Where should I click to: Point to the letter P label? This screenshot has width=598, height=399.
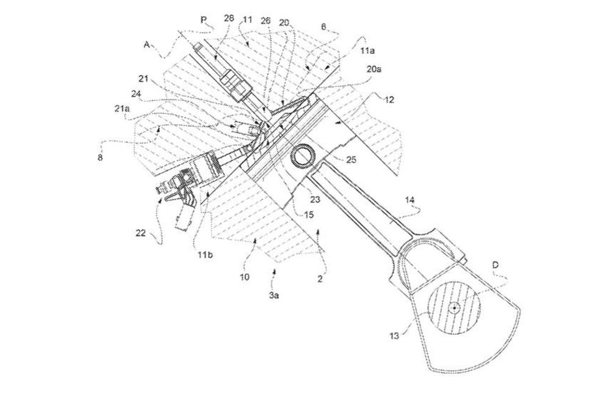pos(203,19)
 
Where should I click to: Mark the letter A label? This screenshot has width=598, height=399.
pos(147,43)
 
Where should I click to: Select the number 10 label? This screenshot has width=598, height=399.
pos(245,277)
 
